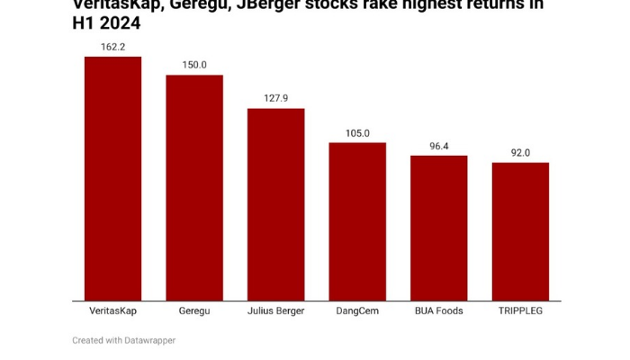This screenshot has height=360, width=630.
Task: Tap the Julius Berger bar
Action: click(275, 204)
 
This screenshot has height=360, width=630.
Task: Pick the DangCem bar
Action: click(357, 221)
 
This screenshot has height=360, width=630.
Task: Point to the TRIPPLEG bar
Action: click(520, 231)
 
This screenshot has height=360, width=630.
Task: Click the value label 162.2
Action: click(112, 47)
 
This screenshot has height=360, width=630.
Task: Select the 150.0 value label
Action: click(194, 65)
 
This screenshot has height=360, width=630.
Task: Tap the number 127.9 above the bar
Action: click(275, 99)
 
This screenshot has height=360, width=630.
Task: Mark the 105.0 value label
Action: click(357, 133)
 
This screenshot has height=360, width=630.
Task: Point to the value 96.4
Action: click(439, 146)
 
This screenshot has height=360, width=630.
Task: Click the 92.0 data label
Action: click(520, 153)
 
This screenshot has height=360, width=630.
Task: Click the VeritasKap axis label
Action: click(112, 311)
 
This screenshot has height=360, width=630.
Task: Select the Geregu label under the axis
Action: click(194, 311)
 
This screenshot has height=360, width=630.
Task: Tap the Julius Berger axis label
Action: click(275, 311)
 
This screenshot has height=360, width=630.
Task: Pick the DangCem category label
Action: click(357, 311)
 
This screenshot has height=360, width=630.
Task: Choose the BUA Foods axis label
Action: click(439, 311)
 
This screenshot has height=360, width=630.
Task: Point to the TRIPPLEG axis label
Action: click(520, 311)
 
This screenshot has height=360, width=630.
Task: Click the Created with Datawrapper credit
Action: click(124, 340)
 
